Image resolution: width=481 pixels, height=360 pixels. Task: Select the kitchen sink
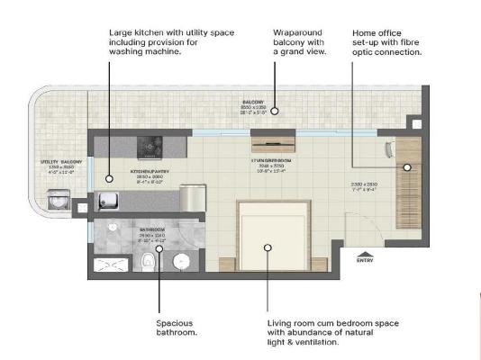[107, 200]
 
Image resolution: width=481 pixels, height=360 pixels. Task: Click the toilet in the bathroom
[147, 262]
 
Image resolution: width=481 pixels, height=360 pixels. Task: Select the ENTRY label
[366, 263]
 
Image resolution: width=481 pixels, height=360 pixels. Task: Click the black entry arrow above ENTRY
[366, 253]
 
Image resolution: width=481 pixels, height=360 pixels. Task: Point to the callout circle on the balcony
[276, 112]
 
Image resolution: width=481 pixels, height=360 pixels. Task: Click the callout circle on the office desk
[406, 167]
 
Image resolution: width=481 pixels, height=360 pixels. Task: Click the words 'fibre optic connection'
[386, 52]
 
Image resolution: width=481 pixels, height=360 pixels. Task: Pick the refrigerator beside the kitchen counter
[193, 198]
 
